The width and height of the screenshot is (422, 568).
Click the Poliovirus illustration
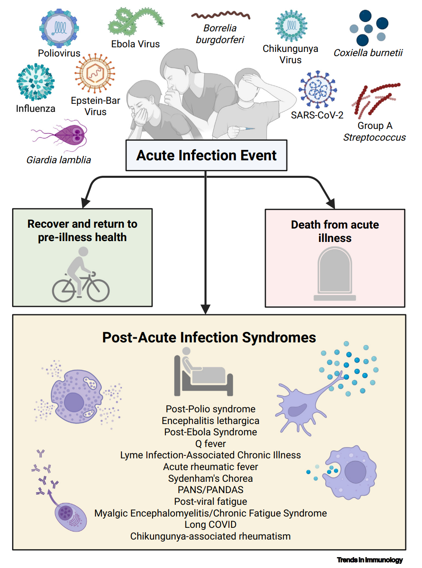pos(59,28)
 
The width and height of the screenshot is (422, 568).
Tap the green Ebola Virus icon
pos(135,21)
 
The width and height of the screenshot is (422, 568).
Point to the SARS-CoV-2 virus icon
pos(317,90)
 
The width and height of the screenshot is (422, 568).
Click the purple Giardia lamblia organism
pos(67,134)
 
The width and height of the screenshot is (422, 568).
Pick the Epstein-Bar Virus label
pos(95,106)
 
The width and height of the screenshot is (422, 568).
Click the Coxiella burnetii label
pos(368,53)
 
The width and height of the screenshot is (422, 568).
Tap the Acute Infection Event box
pos(206,155)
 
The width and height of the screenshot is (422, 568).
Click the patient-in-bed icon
pos(203,372)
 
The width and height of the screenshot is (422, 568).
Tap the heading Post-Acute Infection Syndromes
pos(209,337)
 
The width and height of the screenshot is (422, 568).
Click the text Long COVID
pos(211,524)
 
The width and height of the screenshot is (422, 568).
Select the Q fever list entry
pos(211,444)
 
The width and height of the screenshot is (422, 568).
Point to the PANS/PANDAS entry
pos(211,490)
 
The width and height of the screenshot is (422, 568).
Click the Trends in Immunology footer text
pos(370,560)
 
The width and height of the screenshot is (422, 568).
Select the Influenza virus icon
pos(36,82)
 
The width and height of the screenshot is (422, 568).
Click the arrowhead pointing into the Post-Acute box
pos(206,309)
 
